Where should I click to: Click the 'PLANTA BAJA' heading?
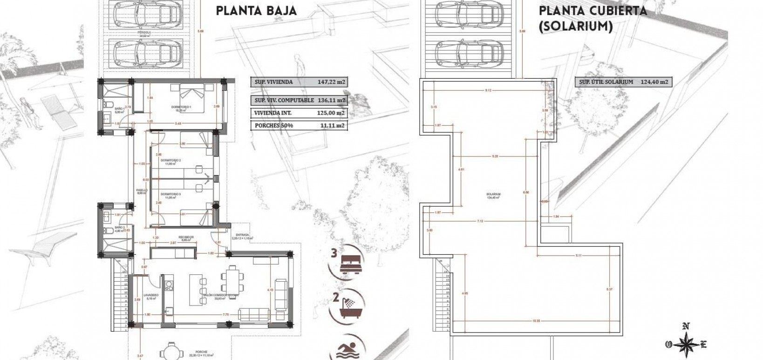256,11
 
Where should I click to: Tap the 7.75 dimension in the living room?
225,315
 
